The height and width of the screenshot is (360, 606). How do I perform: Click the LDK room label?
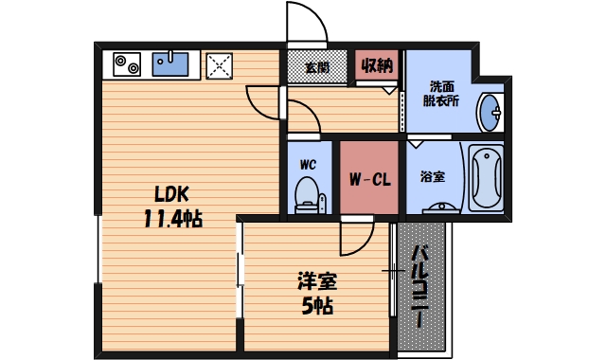tap(171, 194)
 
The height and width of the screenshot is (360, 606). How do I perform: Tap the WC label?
tap(307, 164)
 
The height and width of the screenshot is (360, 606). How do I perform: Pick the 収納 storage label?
tap(377, 66)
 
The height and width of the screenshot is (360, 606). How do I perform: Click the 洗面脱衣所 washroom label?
tap(441, 91)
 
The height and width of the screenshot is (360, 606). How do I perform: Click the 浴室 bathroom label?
tap(433, 176)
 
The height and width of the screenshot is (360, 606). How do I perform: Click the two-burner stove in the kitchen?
tap(126, 64)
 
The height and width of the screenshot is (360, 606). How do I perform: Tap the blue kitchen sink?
tap(171, 63)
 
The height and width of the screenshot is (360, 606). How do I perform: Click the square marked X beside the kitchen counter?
tap(221, 65)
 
